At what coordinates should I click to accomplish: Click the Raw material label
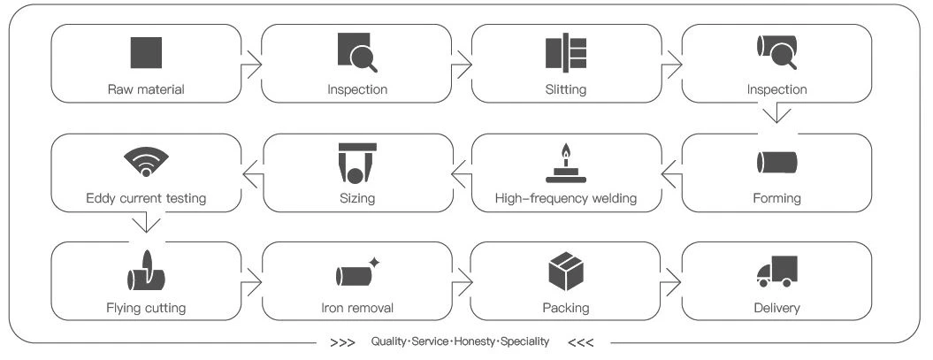coord(146,90)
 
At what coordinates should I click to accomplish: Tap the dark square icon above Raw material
coord(146,52)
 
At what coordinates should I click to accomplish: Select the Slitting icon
coord(566,52)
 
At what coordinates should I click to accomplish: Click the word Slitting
coord(566,90)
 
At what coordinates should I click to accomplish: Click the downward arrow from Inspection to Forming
coord(776,115)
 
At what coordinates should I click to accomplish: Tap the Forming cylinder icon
coord(776,162)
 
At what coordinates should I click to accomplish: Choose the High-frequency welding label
coord(566,198)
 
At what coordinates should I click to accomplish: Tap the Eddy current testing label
coord(146,198)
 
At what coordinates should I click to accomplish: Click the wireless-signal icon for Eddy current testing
coord(146,162)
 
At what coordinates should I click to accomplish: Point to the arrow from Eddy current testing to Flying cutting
coord(146,223)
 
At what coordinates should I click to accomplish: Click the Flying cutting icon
coord(146,272)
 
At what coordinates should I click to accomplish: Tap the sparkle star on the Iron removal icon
coord(374,263)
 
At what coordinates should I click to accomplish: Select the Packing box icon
coord(566,272)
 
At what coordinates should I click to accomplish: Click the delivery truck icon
coord(776,272)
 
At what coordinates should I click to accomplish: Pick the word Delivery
coord(776,308)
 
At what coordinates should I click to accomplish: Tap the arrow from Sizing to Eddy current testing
coord(252,173)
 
